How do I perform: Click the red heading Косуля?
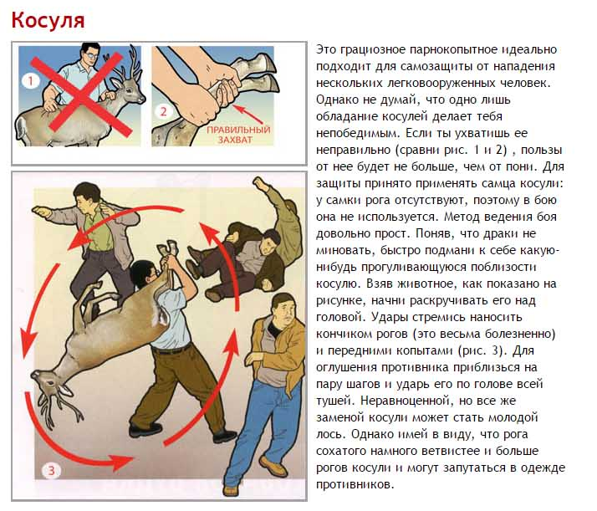point(48,21)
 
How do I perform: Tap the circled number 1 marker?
point(31,81)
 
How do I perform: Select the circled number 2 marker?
point(163,111)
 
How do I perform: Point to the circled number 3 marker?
point(51,471)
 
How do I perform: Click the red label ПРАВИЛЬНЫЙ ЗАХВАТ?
point(238,135)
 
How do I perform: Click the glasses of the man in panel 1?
point(92,55)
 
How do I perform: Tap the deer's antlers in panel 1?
point(127,64)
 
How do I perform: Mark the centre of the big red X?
point(80,96)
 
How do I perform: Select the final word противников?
point(354,484)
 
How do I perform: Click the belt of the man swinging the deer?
point(172,350)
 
